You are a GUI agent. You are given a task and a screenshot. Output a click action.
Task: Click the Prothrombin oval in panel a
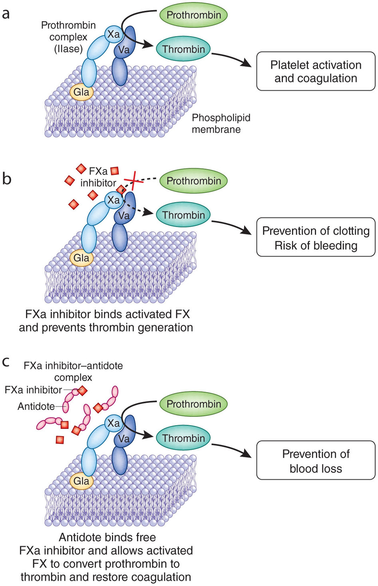pos(193,15)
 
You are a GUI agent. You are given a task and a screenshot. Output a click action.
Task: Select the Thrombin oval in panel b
pos(183,215)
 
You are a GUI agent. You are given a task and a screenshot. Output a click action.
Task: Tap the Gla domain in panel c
pos(81,481)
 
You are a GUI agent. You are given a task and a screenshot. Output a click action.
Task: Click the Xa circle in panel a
pos(113,34)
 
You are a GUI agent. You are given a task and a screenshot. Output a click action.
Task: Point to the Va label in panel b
pos(124,215)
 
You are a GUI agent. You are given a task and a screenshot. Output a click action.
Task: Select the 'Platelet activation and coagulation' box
pos(316,71)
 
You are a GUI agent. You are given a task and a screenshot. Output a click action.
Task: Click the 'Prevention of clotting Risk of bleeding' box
pos(316,237)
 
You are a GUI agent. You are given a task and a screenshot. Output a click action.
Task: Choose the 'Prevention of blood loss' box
pos(316,460)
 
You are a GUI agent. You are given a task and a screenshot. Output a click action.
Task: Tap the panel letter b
pos(6,179)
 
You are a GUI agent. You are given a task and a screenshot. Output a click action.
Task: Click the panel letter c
pos(6,362)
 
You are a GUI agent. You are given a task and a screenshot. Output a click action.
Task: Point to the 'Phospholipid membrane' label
pos(221,124)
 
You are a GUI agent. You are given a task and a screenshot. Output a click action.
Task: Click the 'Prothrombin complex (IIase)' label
pos(68,37)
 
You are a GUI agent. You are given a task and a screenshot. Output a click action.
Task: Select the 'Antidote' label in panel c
pos(36,407)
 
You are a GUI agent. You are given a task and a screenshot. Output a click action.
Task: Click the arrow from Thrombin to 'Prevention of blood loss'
pos(232,449)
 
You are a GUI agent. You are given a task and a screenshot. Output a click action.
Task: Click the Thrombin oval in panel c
pos(183,438)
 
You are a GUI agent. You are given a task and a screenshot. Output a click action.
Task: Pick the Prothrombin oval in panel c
pos(193,404)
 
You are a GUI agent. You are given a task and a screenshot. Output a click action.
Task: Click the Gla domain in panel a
pos(81,92)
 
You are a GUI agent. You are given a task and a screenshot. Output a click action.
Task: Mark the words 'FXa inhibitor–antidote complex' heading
pos(73,371)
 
